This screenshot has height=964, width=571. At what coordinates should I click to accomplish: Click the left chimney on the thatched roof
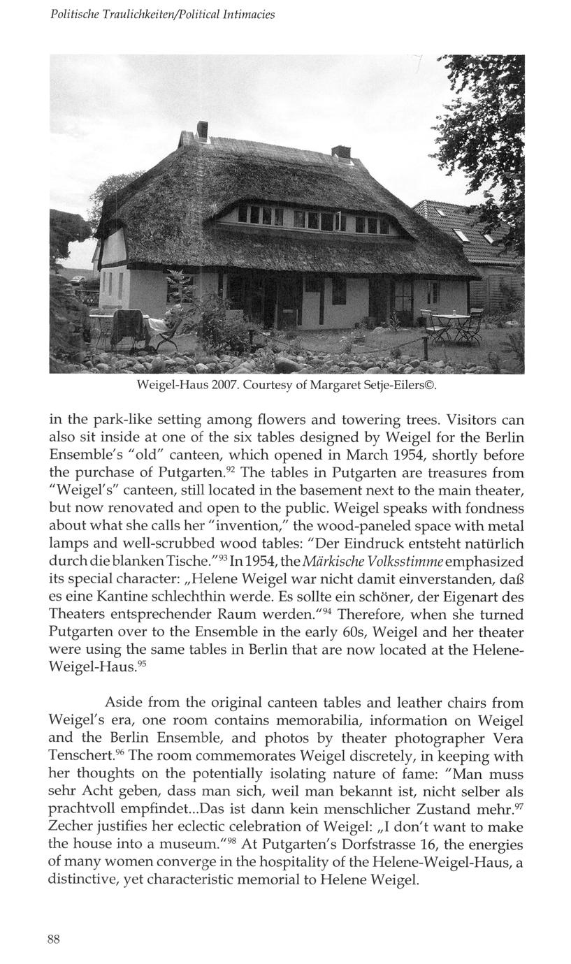click(203, 130)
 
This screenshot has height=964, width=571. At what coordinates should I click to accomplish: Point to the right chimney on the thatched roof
click(340, 152)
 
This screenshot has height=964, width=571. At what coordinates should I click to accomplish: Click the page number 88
click(54, 940)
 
